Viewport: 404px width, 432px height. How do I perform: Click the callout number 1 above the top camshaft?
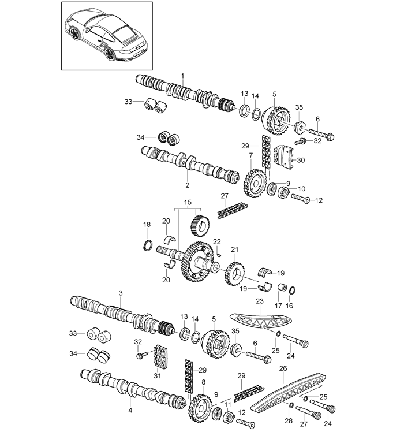182,76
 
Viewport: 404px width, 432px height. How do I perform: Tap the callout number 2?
188,185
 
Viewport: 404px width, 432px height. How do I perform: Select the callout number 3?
121,293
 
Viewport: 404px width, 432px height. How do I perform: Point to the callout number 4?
130,410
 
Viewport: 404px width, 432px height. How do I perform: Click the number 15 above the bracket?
188,203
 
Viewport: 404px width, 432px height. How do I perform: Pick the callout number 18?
147,225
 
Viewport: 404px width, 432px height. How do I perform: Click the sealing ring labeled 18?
148,245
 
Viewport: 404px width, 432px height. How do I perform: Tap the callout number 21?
234,249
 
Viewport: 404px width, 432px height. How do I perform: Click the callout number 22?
217,242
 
